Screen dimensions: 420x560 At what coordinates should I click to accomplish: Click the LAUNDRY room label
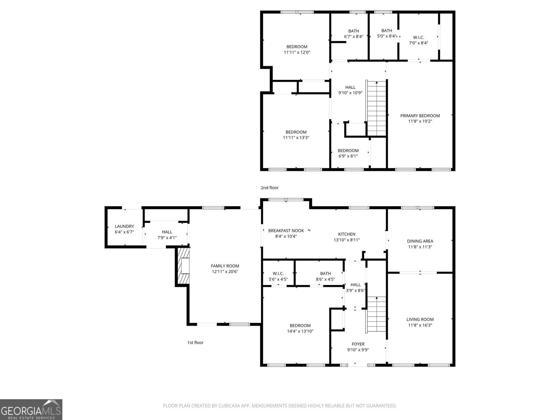[x=124, y=226]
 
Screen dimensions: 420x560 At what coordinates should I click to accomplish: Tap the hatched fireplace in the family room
[x=183, y=266]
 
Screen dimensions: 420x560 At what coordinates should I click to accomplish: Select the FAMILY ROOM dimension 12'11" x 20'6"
[x=225, y=272]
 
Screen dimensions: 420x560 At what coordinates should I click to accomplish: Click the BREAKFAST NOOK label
[x=286, y=231]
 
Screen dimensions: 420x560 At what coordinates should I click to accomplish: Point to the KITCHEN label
[x=346, y=234]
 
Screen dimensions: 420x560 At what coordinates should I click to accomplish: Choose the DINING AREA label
[x=420, y=241]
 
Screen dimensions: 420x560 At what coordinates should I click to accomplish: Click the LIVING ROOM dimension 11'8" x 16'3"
[x=420, y=325]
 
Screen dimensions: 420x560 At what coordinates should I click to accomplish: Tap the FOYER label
[x=358, y=344]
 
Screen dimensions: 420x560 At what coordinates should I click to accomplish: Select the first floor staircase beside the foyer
[x=377, y=314]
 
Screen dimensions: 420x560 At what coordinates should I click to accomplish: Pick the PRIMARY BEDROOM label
[x=420, y=116]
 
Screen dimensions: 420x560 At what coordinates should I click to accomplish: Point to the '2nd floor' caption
[x=269, y=188]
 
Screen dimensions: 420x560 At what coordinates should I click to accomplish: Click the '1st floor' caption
[x=195, y=343]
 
